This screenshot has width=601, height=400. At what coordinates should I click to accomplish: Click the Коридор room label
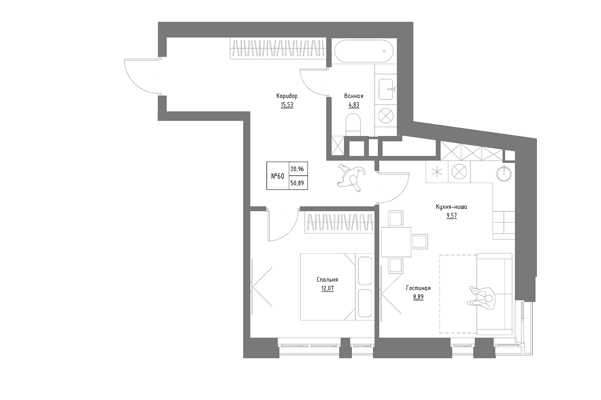(x=287, y=96)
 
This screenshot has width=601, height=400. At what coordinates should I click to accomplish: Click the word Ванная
(x=354, y=96)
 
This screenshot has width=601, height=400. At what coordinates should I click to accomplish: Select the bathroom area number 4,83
(x=354, y=105)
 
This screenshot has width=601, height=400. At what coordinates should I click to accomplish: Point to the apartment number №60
(x=277, y=176)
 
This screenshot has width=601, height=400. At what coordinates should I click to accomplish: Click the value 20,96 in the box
(x=297, y=169)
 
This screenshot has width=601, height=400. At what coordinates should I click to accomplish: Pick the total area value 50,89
(x=297, y=183)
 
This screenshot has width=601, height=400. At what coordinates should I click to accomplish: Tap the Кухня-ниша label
(x=451, y=207)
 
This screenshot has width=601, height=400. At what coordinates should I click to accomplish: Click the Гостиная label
(x=418, y=288)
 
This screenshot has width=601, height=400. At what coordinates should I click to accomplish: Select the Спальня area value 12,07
(x=327, y=288)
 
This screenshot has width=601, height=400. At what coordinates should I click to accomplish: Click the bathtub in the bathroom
(x=364, y=51)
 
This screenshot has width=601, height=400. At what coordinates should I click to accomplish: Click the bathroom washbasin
(x=387, y=89)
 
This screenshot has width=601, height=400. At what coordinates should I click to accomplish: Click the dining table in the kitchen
(x=396, y=242)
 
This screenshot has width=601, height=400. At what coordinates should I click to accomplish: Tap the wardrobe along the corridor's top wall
(x=278, y=49)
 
